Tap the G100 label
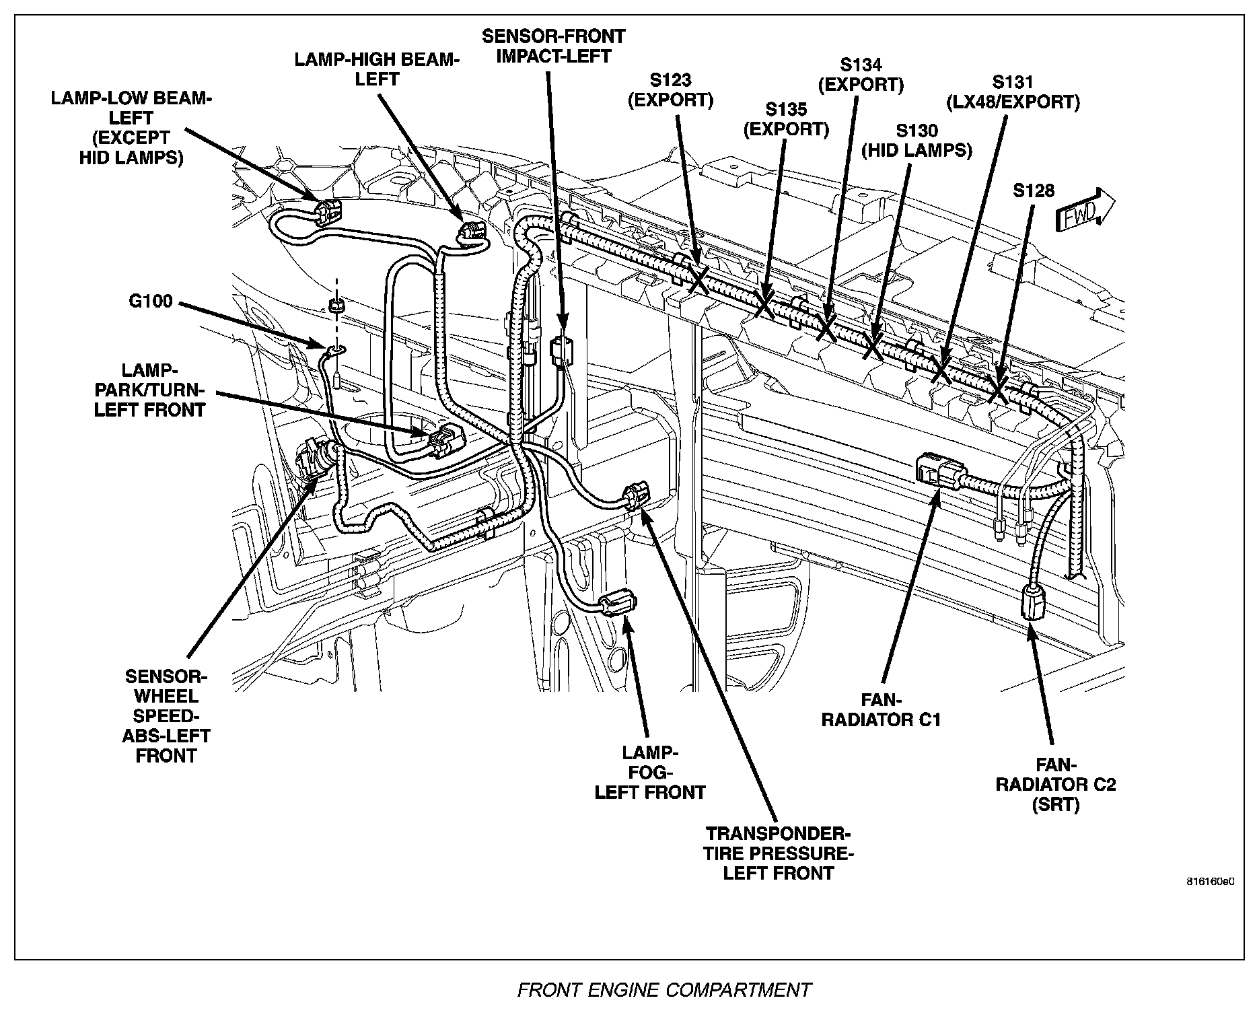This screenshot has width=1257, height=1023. (151, 301)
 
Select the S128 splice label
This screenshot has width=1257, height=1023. (1033, 190)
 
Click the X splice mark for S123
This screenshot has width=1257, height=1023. (698, 277)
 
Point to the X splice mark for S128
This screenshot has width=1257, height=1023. (997, 390)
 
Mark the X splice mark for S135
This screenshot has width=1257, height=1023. (764, 304)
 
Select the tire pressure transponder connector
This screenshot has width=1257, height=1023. (635, 497)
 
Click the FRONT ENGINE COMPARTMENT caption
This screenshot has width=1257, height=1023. (663, 990)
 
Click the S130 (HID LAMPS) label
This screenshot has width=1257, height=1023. (917, 140)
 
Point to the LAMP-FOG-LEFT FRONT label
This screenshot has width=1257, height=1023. (650, 773)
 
